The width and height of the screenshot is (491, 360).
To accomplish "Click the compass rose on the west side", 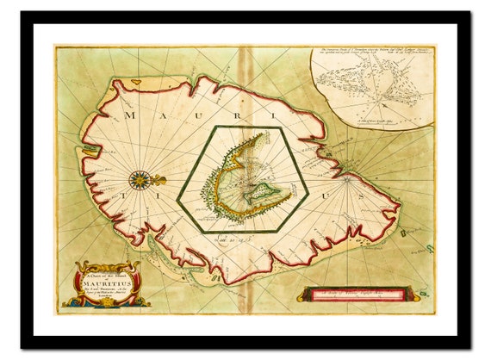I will (x=139, y=180).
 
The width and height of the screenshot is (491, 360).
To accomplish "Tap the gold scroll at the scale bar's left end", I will (x=303, y=295).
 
